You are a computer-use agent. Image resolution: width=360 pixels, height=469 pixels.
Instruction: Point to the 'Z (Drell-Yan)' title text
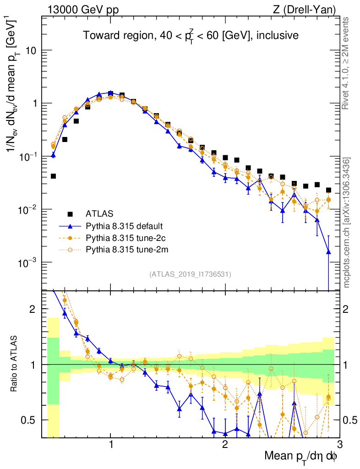click(x=309, y=9)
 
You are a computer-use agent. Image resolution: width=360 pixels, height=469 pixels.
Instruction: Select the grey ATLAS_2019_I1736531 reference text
click(x=190, y=274)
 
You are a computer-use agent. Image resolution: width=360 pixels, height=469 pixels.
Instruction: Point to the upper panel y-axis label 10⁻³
click(x=29, y=262)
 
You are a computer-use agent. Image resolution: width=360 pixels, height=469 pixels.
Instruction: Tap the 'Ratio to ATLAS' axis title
click(x=15, y=365)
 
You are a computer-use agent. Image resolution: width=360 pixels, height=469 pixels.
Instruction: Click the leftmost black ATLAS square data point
click(x=53, y=176)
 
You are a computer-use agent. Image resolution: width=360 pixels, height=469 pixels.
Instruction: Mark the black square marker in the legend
click(x=70, y=213)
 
